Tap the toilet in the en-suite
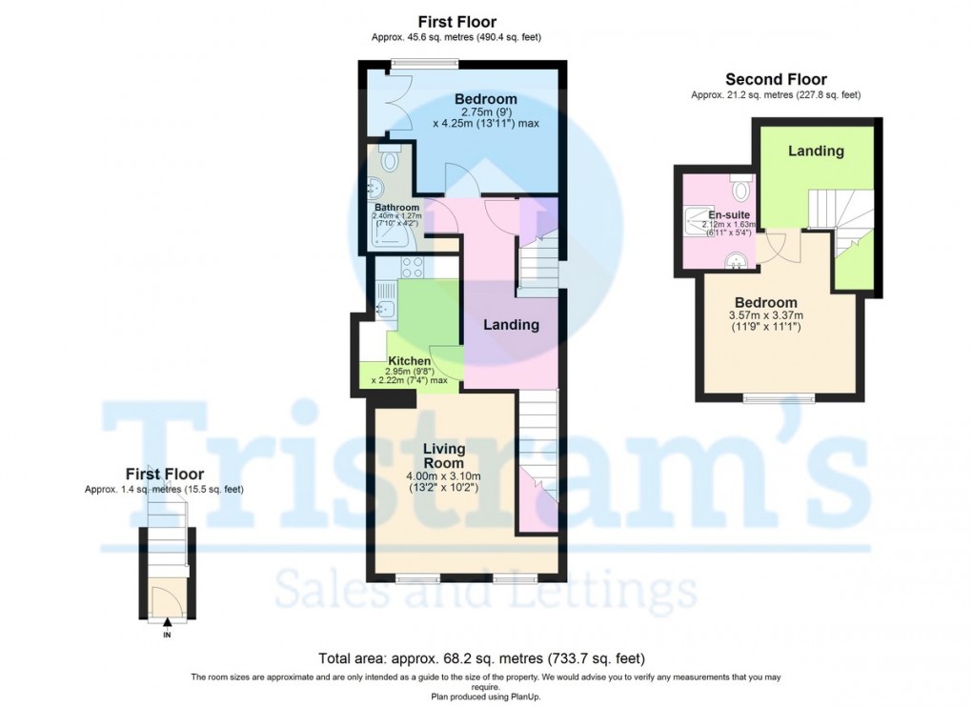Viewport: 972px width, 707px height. click(x=740, y=178)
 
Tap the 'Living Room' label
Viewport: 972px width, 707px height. click(x=444, y=455)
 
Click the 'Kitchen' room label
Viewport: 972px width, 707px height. click(x=409, y=361)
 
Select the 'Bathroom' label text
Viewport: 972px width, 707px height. click(x=395, y=208)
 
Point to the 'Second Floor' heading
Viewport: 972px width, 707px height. click(x=776, y=80)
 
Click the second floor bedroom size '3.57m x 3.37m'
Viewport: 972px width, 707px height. click(x=765, y=316)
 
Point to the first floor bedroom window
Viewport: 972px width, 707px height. click(x=424, y=64)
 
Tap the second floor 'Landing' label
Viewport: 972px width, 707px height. click(x=816, y=151)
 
